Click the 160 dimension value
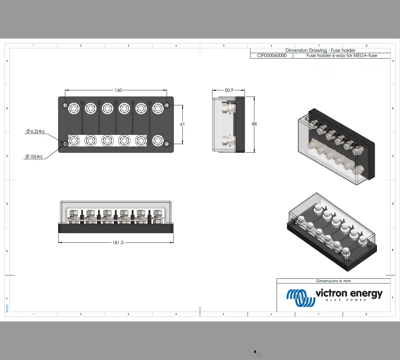point(118,90)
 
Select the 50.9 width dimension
point(229,90)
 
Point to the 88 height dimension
point(254,124)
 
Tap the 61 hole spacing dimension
point(182,124)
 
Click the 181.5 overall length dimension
point(118,242)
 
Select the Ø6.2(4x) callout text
point(35,131)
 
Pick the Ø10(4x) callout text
point(34,156)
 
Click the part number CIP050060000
point(272,55)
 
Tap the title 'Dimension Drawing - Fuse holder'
point(320,50)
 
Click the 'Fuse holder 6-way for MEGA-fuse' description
point(341,55)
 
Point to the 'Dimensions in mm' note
point(333,281)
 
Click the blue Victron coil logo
point(300,298)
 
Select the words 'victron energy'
point(349,293)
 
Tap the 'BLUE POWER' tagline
point(346,300)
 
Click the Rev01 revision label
point(7,308)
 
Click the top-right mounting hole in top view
point(167,105)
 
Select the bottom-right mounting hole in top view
point(167,144)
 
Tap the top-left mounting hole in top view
point(65,105)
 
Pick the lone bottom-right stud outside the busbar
point(158,140)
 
